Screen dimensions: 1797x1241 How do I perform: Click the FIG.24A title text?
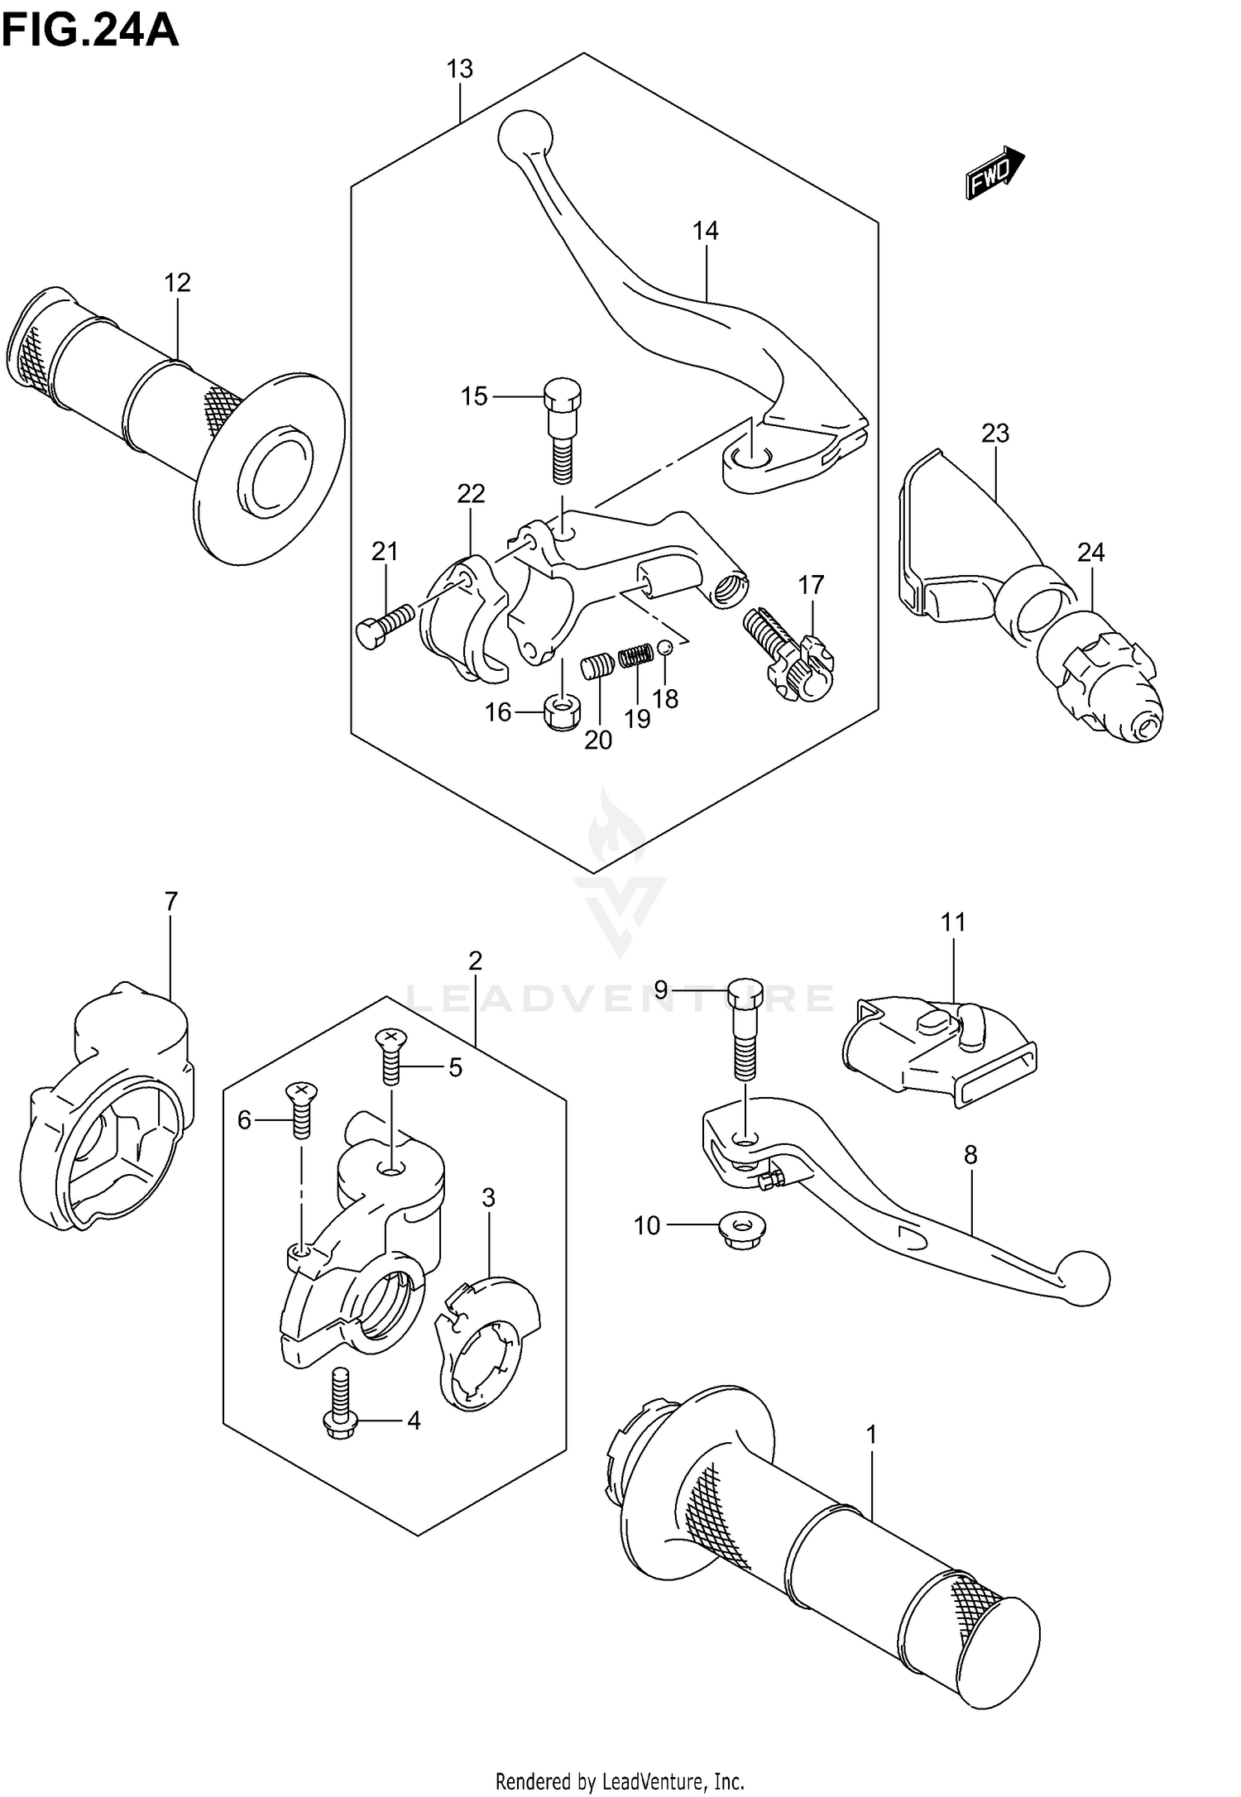[x=90, y=31]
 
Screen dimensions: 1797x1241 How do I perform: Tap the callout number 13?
[x=460, y=69]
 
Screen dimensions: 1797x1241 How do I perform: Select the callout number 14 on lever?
[x=706, y=231]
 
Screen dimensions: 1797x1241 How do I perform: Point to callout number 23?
[x=996, y=433]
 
